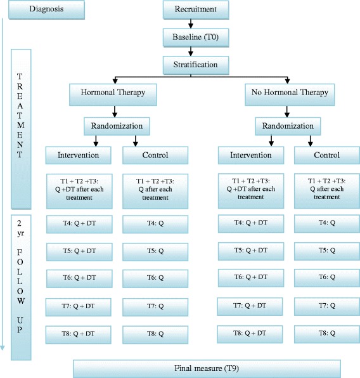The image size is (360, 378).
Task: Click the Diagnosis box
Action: pos(42,10)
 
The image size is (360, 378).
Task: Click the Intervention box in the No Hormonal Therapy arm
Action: pos(250,155)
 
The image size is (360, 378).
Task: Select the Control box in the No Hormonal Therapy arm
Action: pos(326,155)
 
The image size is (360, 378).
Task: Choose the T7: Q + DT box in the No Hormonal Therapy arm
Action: pos(250,306)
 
